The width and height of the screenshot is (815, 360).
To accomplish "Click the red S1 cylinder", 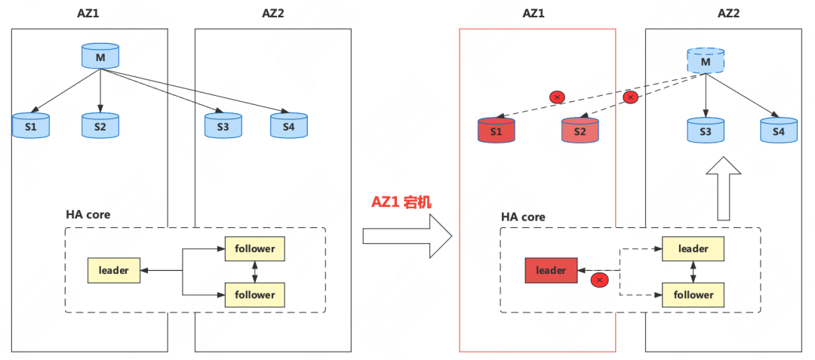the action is [496, 130].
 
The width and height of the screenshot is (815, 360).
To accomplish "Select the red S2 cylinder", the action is [580, 130].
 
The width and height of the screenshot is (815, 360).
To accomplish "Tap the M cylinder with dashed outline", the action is [706, 60].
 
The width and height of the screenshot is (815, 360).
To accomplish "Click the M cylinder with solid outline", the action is [100, 56].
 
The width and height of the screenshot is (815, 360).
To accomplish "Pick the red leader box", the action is [551, 270].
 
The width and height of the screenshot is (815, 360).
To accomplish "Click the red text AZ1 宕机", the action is [401, 202].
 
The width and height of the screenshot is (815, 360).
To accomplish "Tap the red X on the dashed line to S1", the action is [557, 97].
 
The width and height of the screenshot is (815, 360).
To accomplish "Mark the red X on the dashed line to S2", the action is [630, 97].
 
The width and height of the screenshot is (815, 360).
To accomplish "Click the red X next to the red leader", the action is [600, 280].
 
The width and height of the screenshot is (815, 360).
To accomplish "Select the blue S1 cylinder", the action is [31, 125].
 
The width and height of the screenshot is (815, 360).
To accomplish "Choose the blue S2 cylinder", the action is [100, 125].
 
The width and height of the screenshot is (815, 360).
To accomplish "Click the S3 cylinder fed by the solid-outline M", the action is [223, 125].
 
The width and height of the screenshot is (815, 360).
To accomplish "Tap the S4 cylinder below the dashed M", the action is [778, 130].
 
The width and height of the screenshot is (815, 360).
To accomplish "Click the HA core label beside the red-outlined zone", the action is [523, 217].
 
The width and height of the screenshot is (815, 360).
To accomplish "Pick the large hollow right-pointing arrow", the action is [407, 236].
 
